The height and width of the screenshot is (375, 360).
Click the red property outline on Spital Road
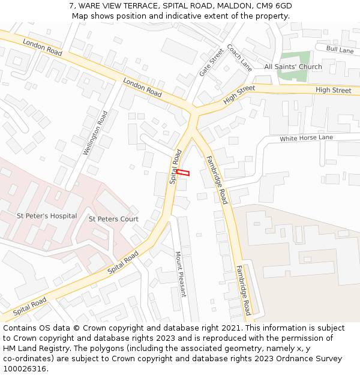183,173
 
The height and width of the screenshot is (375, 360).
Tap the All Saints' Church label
293,67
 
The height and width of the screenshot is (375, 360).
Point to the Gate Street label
211,62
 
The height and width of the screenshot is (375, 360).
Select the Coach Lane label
239,58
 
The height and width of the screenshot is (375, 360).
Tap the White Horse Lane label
306,138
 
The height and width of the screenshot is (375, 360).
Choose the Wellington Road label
95,133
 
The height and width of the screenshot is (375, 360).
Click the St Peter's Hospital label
47,215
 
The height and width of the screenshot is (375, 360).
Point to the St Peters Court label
113,219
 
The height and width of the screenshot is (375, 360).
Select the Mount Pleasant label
181,274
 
